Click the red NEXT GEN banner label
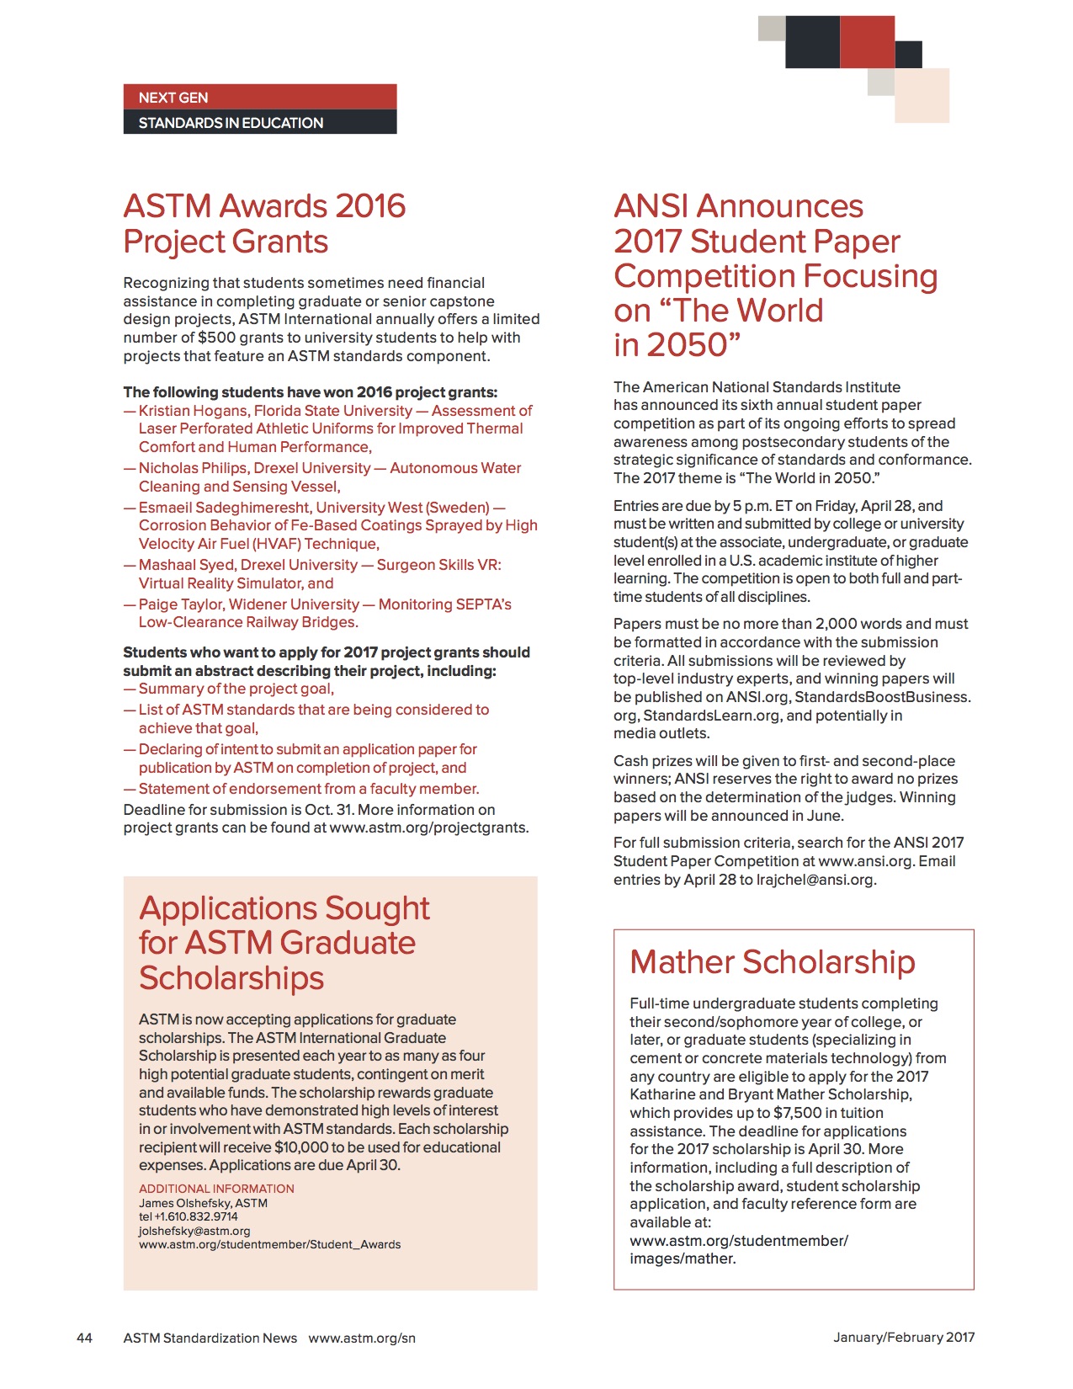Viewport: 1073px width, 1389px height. pyautogui.click(x=173, y=98)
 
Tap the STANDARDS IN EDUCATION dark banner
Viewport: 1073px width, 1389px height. pyautogui.click(x=231, y=123)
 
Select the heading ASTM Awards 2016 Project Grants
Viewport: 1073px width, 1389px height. pyautogui.click(x=264, y=223)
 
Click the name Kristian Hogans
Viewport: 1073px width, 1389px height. pyautogui.click(x=193, y=411)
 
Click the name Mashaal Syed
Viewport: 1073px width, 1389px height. pyautogui.click(x=181, y=565)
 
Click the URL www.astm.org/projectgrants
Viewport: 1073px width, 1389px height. pyautogui.click(x=428, y=828)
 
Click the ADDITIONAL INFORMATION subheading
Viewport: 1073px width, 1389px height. pyautogui.click(x=216, y=1189)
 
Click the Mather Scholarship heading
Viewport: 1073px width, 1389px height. pyautogui.click(x=772, y=961)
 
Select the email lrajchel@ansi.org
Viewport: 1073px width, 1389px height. pyautogui.click(x=815, y=880)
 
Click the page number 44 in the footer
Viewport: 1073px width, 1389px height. pyautogui.click(x=84, y=1338)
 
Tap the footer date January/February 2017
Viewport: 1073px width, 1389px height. pyautogui.click(x=904, y=1337)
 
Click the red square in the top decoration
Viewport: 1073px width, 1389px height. pyautogui.click(x=867, y=42)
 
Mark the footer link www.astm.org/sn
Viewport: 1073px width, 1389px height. pyautogui.click(x=362, y=1338)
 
